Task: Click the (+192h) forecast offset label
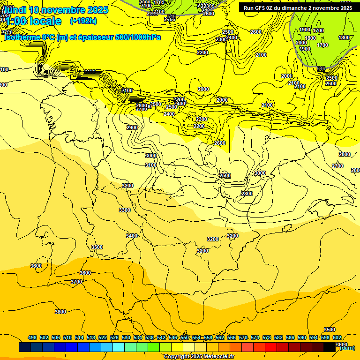pos(83,21)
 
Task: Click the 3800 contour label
pos(60,312)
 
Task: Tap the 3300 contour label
pos(125,210)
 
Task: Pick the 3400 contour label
pos(132,236)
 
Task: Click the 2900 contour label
pos(132,127)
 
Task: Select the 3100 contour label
pos(151,165)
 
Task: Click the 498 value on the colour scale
pos(32,337)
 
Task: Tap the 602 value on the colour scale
pos(337,337)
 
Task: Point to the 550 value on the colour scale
pos(185,337)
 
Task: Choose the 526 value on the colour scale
pos(114,337)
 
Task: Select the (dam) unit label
pos(346,348)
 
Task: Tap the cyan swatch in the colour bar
pos(119,347)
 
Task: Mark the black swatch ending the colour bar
pos(330,347)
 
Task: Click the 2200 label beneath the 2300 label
pos(199,126)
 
